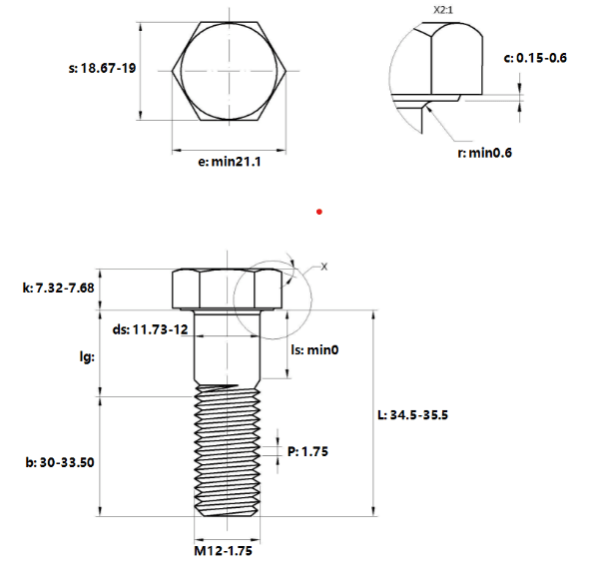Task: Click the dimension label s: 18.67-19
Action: pos(102,68)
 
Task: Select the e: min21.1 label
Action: pos(230,162)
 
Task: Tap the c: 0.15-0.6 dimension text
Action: pos(535,58)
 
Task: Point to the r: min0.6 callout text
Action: pos(484,153)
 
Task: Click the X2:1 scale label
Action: pos(443,10)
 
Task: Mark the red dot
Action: pos(319,212)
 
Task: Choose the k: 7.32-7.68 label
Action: pos(58,288)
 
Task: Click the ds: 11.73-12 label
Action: pos(150,329)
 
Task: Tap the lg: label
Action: pos(87,356)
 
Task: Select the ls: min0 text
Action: pos(314,349)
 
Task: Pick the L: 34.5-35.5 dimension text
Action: pos(413,415)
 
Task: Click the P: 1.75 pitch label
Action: pos(307,451)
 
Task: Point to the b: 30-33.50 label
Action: pos(60,462)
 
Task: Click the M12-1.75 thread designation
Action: pos(224,551)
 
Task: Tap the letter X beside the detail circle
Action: pos(324,267)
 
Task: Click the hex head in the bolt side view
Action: pos(227,288)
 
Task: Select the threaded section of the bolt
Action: pos(227,450)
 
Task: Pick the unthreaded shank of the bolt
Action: pos(227,347)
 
